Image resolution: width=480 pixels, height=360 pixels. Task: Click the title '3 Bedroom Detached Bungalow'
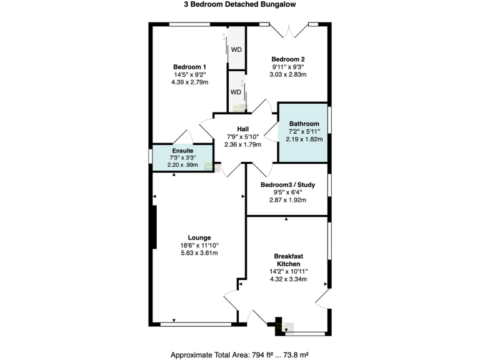[x=239, y=4]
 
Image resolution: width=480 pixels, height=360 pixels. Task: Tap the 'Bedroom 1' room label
[x=189, y=67]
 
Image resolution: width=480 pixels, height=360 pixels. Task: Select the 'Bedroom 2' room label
[x=288, y=59]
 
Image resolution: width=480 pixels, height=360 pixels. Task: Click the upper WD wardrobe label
[x=237, y=49]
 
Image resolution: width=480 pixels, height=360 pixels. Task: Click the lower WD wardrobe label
[x=236, y=92]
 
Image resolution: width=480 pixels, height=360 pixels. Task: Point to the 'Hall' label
[x=243, y=129]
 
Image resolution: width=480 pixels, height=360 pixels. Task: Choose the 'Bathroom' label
[x=304, y=124]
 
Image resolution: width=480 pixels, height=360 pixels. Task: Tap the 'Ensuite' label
[x=182, y=151]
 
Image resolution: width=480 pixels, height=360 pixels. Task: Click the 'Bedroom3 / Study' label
[x=287, y=184]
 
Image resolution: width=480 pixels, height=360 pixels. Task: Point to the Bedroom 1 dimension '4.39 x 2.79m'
[x=189, y=82]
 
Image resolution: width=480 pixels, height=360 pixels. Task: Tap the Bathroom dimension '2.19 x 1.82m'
[x=304, y=139]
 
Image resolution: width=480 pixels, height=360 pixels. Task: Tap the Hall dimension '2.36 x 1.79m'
[x=243, y=144]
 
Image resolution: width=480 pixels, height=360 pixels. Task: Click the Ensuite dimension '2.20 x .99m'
[x=182, y=165]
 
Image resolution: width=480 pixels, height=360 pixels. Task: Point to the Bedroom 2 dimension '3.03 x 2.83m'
[x=288, y=74]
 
